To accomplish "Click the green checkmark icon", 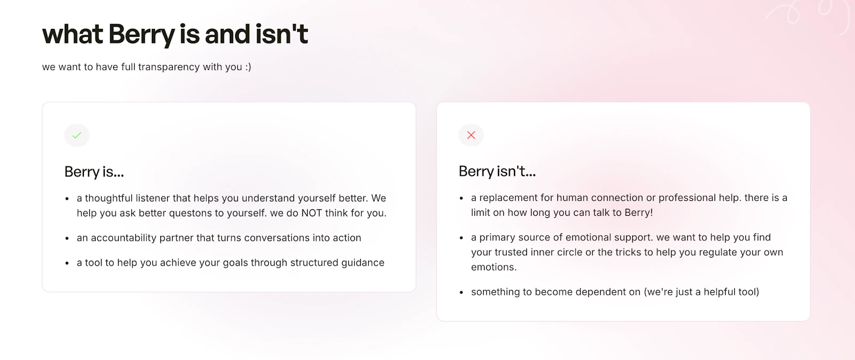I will tap(77, 135).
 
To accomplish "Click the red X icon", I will tap(471, 135).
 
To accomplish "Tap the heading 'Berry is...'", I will tap(94, 171).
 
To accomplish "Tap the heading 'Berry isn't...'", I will tap(497, 171).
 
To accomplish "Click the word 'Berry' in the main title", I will tap(142, 35).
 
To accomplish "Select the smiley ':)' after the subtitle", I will tap(248, 67).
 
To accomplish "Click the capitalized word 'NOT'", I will tap(312, 213).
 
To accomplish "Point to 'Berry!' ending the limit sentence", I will tap(639, 213).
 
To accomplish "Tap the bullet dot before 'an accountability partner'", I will tap(67, 238).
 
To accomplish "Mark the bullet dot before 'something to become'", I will tap(461, 292).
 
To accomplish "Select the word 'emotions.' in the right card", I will tap(494, 267).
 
